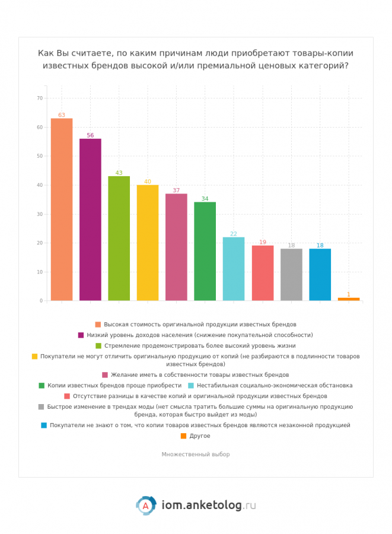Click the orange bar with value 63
62,209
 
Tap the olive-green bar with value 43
119,239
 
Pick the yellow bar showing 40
148,243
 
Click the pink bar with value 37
176,247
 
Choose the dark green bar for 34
205,252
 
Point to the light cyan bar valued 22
234,269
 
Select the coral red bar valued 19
263,273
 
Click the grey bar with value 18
291,275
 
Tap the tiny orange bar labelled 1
349,299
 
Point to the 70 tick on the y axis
40,98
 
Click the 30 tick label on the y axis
40,214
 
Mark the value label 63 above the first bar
62,115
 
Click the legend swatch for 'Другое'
183,436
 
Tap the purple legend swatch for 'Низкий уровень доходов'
81,335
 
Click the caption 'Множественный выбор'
196,454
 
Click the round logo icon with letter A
145,506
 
